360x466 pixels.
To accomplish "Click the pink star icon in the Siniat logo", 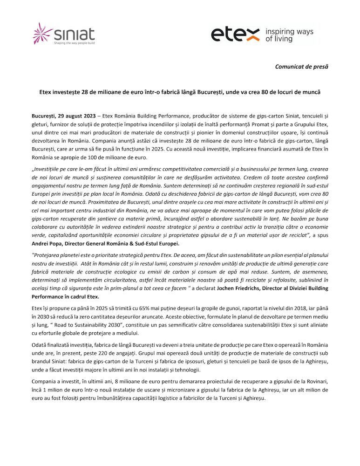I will (42, 34).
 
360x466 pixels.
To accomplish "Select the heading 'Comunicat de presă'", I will (301, 67).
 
